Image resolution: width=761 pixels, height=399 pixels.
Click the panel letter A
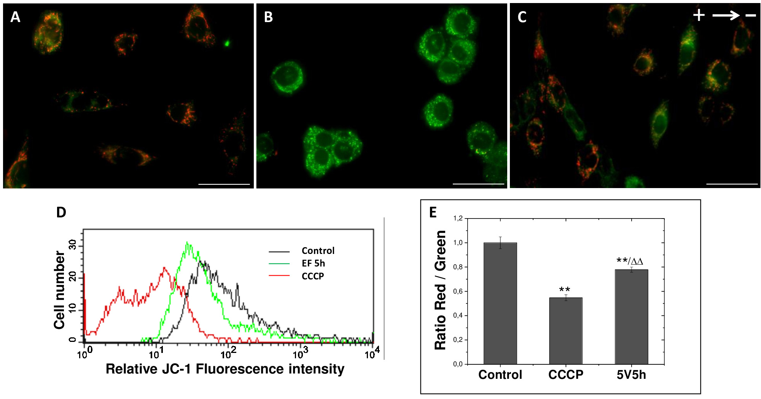[x=15, y=17]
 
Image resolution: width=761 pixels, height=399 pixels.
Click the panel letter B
[x=268, y=17]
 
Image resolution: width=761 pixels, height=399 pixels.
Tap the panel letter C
[x=522, y=17]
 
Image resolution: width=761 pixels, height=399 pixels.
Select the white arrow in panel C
[x=726, y=16]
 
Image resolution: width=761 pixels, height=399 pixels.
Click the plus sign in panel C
[x=699, y=16]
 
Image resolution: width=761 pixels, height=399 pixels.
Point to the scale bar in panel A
[x=224, y=184]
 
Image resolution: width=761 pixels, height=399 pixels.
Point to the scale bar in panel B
[x=478, y=184]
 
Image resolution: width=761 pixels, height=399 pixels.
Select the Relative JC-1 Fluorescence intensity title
[x=225, y=369]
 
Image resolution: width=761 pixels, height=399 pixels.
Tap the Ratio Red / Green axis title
[x=440, y=290]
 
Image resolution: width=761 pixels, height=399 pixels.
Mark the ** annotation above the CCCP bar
[x=565, y=290]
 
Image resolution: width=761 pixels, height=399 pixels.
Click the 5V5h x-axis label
[x=631, y=375]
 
